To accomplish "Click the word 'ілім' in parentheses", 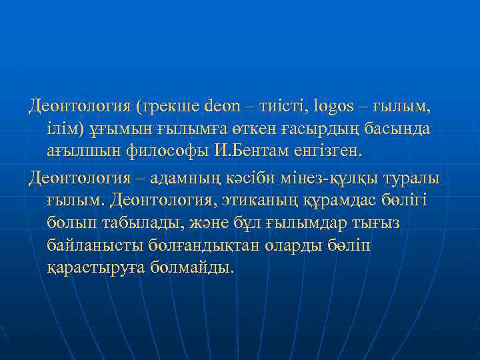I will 65,128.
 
